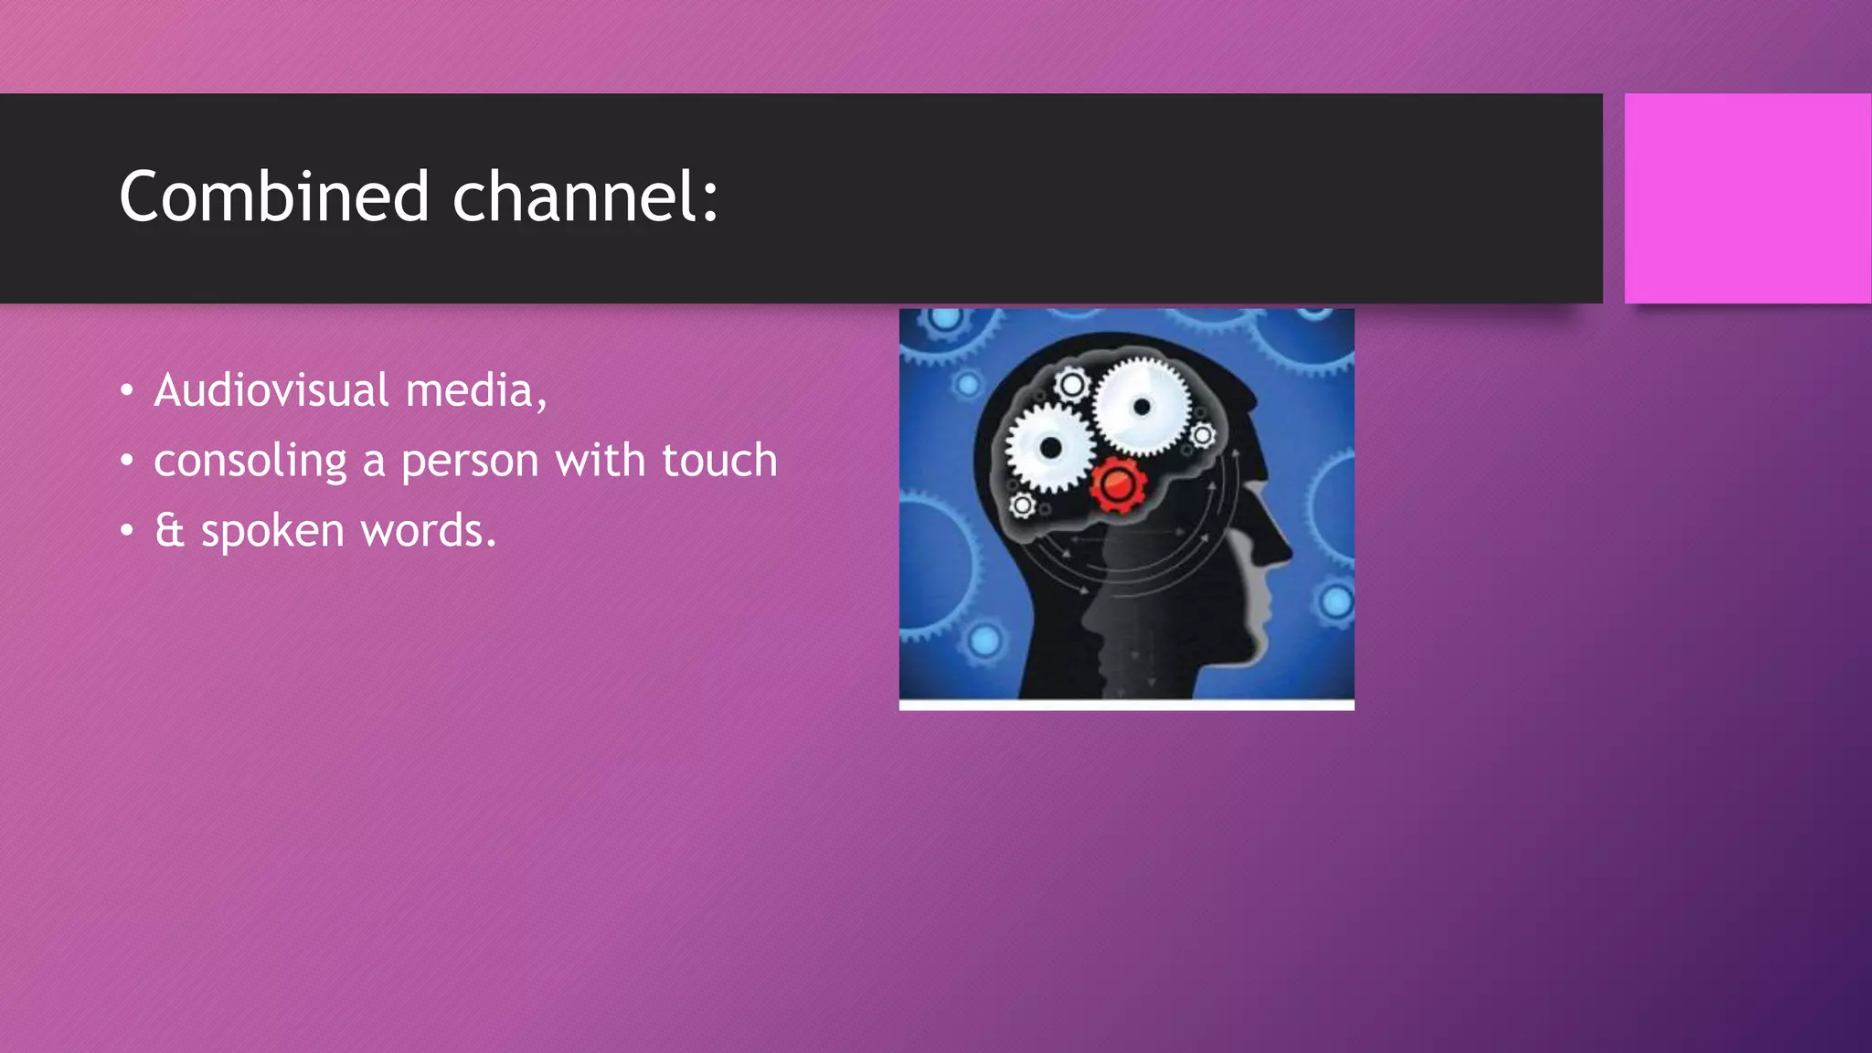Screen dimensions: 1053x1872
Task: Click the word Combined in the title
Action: [273, 197]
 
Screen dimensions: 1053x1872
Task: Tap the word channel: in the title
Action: [585, 197]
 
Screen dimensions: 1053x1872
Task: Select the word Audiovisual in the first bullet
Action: [271, 390]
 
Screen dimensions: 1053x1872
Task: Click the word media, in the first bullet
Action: [475, 390]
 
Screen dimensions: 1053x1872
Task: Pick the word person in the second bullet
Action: [470, 461]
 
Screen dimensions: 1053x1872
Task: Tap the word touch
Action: [719, 460]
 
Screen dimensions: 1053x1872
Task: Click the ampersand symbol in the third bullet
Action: [169, 530]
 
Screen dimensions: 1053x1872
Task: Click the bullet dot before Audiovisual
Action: [127, 391]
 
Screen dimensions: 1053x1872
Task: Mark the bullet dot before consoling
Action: [127, 461]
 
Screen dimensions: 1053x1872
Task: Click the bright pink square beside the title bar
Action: [1747, 197]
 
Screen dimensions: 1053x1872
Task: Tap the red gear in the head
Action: [1117, 485]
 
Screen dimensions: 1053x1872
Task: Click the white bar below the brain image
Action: [1126, 705]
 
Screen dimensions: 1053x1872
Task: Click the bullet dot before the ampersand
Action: [127, 531]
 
